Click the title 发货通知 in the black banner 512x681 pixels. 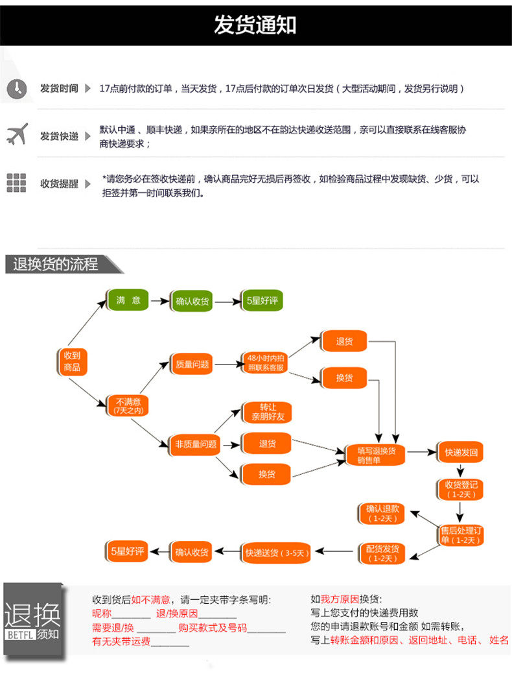[x=255, y=25]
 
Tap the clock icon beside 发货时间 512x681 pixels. [x=17, y=89]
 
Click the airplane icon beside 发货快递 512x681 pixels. [x=17, y=134]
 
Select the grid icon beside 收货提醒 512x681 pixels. [x=16, y=183]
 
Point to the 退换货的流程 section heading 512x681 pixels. [x=56, y=264]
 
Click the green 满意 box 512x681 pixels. [x=128, y=300]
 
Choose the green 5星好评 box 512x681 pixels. [x=262, y=300]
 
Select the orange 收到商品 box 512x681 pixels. [x=72, y=361]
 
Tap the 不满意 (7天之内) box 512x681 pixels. [x=128, y=405]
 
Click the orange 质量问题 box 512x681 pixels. [x=192, y=364]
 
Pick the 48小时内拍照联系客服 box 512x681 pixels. [x=266, y=363]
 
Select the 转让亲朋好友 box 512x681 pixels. [x=268, y=412]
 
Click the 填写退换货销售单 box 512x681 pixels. [x=376, y=455]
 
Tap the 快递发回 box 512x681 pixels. [x=461, y=453]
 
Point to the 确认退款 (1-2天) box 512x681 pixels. [x=382, y=514]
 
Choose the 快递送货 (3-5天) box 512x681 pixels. [x=277, y=553]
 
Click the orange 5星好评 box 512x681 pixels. [x=127, y=551]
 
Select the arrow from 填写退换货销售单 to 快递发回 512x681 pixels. [x=422, y=453]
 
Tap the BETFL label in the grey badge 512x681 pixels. [x=20, y=635]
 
